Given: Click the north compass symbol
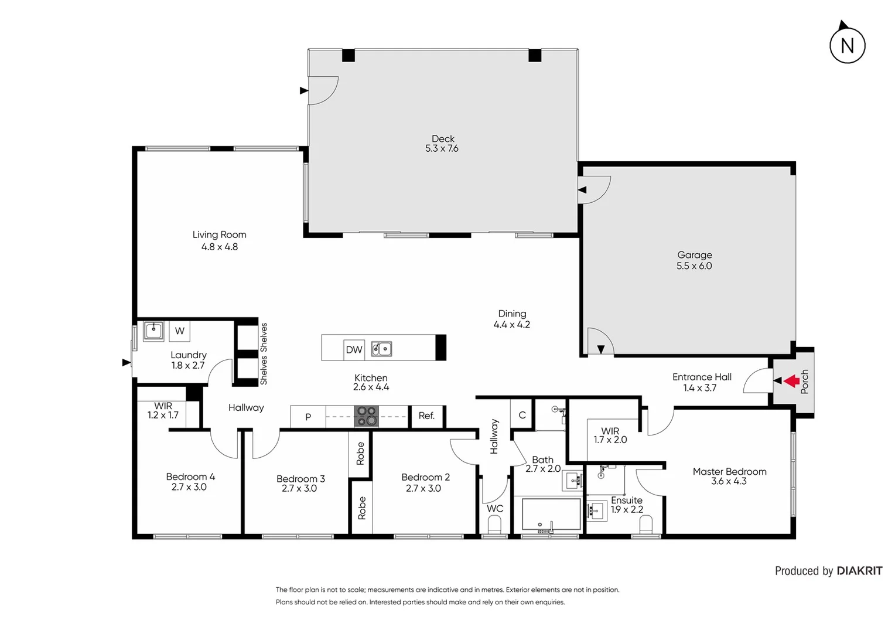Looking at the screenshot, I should [847, 45].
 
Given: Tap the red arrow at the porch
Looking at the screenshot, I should [792, 381].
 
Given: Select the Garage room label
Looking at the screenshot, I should [695, 255].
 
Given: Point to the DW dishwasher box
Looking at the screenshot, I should [354, 350].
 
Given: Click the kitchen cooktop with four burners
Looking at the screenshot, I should [366, 416].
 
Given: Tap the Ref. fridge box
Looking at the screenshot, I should [426, 416].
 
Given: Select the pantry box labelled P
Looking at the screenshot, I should [308, 417].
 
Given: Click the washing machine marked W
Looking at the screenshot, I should [180, 331].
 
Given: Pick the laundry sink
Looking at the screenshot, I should [154, 331].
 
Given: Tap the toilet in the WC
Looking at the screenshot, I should [495, 525].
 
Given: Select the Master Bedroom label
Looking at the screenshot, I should [729, 471].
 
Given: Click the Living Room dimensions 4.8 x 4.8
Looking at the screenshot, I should [220, 247].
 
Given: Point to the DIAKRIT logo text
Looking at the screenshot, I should [859, 571].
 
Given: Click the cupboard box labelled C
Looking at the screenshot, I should [522, 415].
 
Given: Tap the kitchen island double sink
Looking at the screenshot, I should [381, 349].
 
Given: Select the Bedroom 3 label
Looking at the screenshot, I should [300, 479].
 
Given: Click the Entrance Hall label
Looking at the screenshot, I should [702, 377].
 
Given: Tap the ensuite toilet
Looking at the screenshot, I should [646, 527].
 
